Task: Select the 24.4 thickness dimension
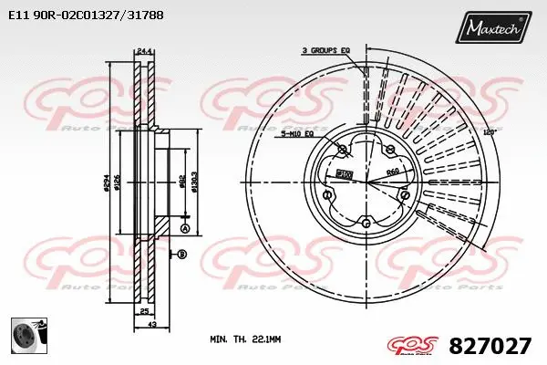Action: [x=143, y=51]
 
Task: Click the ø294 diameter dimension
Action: [x=106, y=182]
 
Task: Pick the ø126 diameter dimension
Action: [x=118, y=182]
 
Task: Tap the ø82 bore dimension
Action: [x=183, y=182]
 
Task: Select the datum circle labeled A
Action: [x=184, y=227]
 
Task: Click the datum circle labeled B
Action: [x=182, y=253]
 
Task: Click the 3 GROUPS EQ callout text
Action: [x=325, y=51]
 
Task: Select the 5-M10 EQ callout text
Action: [x=296, y=134]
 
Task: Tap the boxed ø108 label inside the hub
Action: [x=345, y=172]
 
